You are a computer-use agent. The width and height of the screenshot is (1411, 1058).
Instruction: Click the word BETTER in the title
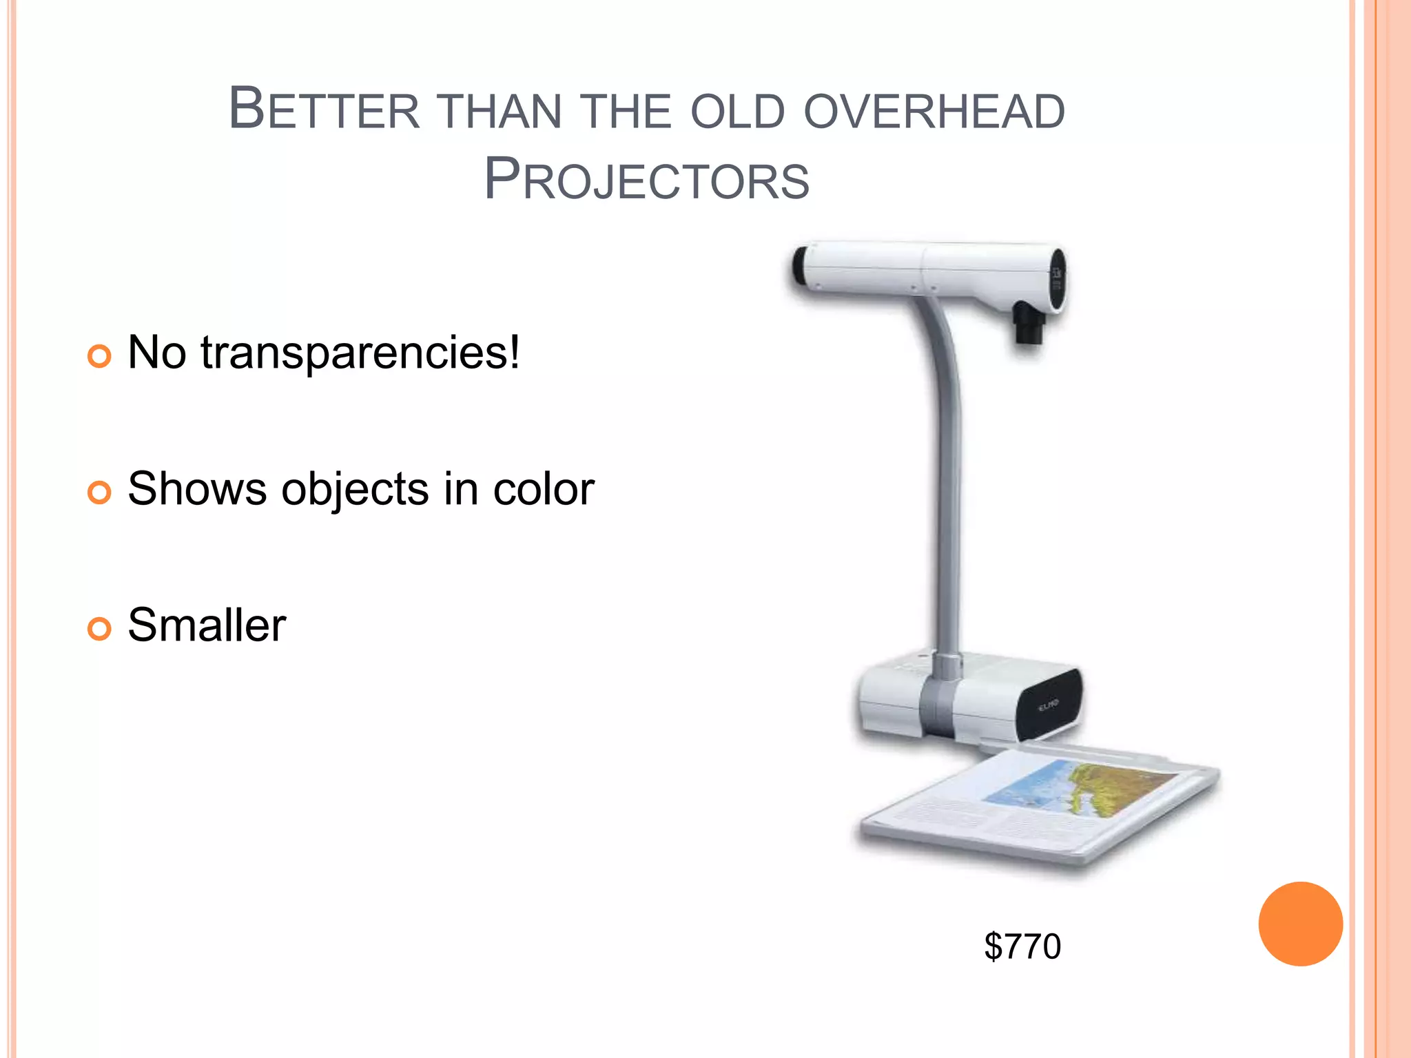tap(324, 110)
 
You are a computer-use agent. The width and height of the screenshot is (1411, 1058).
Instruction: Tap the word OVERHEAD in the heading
tap(934, 112)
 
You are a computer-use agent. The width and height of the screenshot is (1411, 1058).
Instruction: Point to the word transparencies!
tap(360, 353)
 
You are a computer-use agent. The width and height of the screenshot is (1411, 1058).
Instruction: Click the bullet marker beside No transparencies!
tap(100, 356)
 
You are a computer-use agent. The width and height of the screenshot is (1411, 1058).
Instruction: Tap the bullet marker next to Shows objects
tap(100, 492)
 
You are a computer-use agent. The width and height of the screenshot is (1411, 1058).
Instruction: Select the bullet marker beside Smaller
tap(100, 628)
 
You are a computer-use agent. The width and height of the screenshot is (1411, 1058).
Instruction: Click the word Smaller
tap(207, 625)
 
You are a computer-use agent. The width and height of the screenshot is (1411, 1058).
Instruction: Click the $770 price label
tap(1022, 946)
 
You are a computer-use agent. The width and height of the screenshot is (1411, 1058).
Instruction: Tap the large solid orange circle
tap(1300, 924)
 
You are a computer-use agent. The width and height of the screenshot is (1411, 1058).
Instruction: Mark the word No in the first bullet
tap(157, 353)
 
